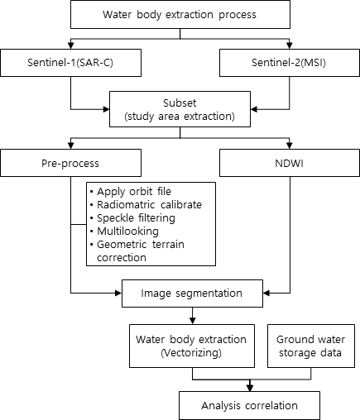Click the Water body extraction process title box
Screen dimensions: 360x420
point(180,14)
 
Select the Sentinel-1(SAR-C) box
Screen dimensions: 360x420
point(70,63)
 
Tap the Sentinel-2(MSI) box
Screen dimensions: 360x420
point(290,63)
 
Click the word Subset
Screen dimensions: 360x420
point(180,103)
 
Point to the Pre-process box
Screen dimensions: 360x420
point(70,163)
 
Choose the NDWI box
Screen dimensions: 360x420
point(290,163)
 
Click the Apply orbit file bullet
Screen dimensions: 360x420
point(131,192)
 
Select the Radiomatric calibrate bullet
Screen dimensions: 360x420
point(146,205)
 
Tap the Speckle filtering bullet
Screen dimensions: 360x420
point(132,218)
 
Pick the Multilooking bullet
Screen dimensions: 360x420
point(124,231)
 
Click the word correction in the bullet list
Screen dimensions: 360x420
point(122,258)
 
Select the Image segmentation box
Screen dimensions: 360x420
point(192,294)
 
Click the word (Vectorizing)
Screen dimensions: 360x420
point(191,353)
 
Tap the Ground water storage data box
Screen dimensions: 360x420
point(311,346)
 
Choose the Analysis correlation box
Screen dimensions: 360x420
point(250,405)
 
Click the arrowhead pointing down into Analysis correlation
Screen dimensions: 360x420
point(250,388)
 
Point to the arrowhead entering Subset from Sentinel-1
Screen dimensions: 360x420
point(106,109)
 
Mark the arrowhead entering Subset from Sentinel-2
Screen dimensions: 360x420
point(254,109)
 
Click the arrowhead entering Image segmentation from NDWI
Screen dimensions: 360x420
point(266,294)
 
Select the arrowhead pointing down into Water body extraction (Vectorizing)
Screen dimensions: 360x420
point(193,321)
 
